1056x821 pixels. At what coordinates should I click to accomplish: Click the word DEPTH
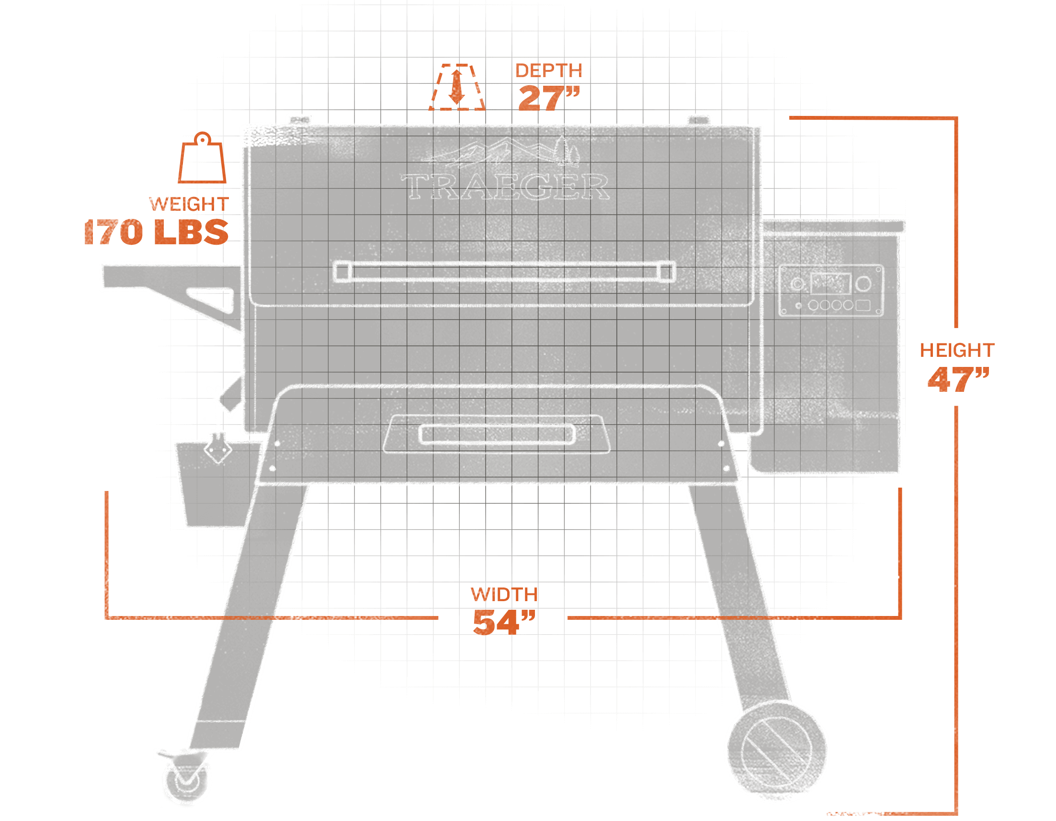548,71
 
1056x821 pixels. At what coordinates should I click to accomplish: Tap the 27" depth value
548,98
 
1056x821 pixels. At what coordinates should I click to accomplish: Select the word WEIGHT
189,204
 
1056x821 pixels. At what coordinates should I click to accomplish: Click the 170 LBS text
156,232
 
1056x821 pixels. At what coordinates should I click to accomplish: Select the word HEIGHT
956,350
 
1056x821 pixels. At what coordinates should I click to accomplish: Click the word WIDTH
504,594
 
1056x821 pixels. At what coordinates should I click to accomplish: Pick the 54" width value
504,622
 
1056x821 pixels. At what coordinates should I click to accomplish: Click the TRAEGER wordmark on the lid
505,187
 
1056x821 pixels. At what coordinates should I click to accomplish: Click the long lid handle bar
504,271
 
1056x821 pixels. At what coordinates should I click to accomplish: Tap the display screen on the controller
830,284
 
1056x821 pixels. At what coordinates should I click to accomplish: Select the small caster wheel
188,782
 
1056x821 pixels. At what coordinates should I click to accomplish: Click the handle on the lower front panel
497,433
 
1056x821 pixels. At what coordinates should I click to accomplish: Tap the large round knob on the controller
863,284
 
